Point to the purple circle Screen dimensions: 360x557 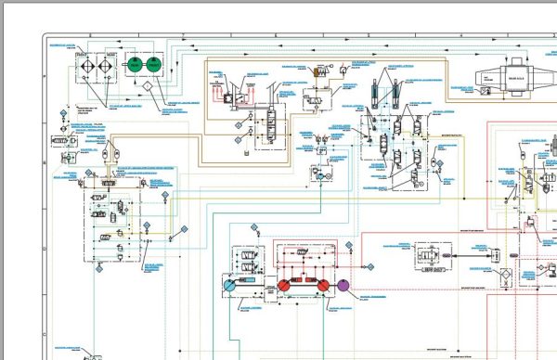[x=345, y=287]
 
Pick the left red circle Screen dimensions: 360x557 [x=285, y=287]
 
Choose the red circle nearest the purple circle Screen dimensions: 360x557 [x=322, y=287]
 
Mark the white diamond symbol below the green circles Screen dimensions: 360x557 [x=145, y=86]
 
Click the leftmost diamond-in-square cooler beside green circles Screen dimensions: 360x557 [x=82, y=66]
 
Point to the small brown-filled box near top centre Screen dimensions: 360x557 [x=317, y=71]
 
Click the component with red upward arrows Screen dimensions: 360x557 [x=225, y=92]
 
